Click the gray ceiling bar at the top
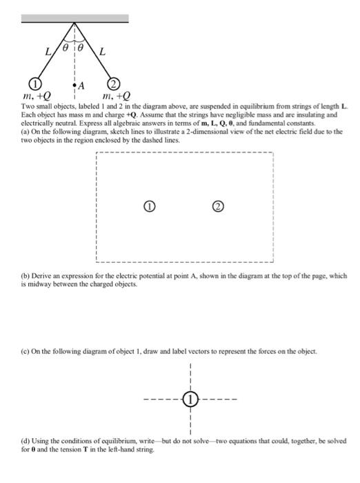coord(74,18)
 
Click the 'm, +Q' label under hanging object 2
coord(115,97)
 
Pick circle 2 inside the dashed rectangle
coord(219,206)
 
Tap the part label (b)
coord(26,275)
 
